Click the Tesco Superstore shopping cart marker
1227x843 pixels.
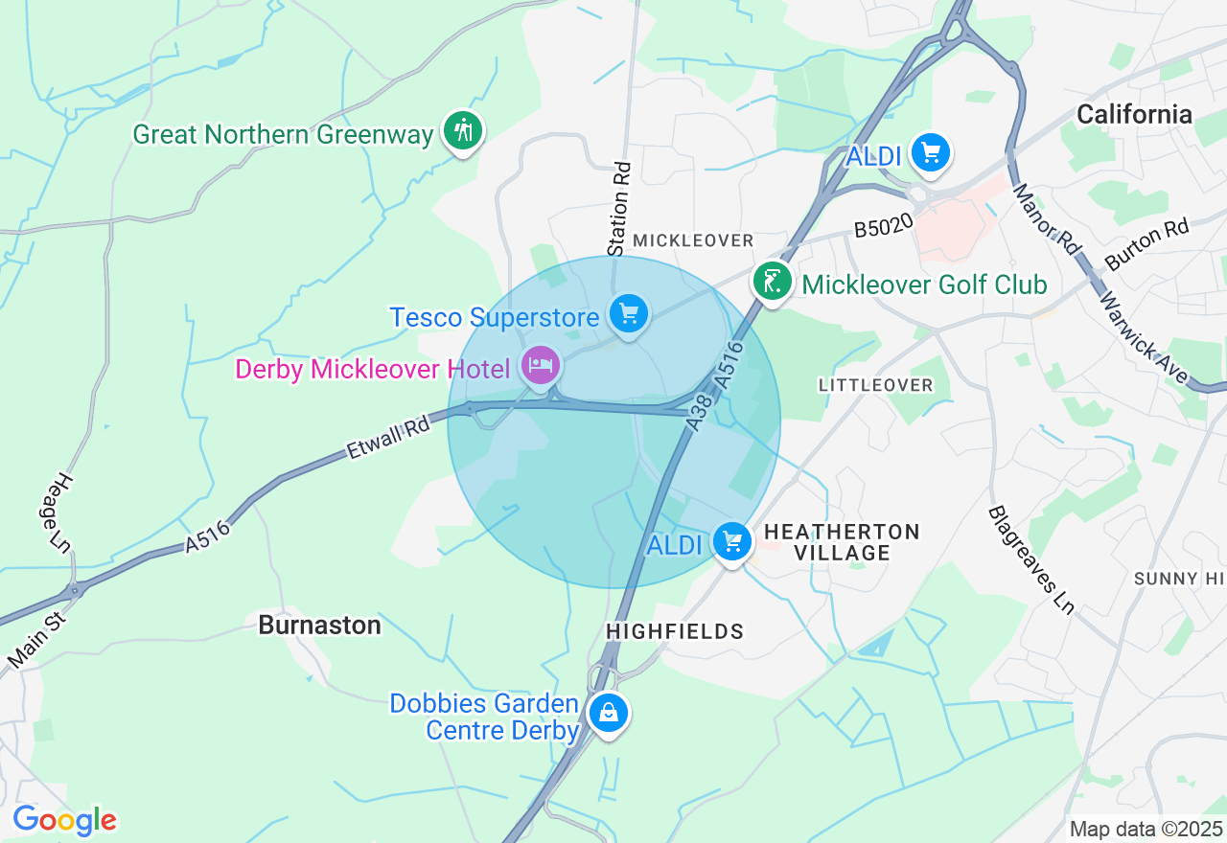click(x=628, y=314)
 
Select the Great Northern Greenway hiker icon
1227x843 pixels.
click(x=464, y=131)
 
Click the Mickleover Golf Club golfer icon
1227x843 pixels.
click(x=772, y=282)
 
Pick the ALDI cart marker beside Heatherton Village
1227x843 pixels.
click(x=732, y=542)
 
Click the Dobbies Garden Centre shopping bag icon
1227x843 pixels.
click(x=608, y=713)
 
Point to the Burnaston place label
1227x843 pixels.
click(x=319, y=625)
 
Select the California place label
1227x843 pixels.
click(x=1134, y=115)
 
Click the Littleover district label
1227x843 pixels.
click(x=875, y=385)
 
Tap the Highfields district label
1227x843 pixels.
click(x=675, y=631)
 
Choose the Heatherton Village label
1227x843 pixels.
click(x=843, y=542)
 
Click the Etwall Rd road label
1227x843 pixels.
click(x=387, y=438)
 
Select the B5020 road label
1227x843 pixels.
click(x=881, y=229)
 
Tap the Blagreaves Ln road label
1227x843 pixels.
click(x=1030, y=560)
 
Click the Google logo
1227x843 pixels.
click(x=64, y=820)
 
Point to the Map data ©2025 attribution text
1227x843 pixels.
click(x=1146, y=829)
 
